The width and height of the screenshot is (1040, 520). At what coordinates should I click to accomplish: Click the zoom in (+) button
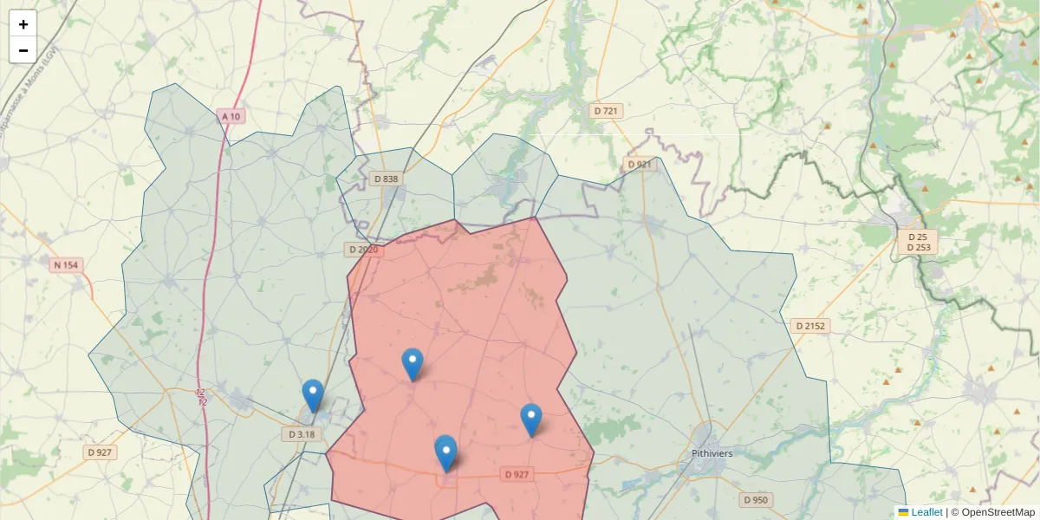[x=23, y=24]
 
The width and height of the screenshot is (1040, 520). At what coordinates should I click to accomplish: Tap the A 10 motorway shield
[x=230, y=116]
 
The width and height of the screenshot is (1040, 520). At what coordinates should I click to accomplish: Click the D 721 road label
[x=608, y=111]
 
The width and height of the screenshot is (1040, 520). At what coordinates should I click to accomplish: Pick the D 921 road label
[x=638, y=164]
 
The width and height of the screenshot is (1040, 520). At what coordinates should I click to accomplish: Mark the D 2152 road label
[x=810, y=326]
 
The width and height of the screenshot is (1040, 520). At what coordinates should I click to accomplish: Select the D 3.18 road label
[x=302, y=433]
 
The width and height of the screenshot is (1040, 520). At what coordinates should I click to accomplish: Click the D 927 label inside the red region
[x=517, y=474]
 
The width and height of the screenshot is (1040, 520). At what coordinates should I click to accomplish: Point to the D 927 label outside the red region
[x=101, y=452]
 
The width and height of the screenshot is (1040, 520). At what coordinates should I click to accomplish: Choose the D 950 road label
[x=756, y=500]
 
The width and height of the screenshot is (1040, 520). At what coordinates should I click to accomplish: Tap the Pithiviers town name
[x=712, y=453]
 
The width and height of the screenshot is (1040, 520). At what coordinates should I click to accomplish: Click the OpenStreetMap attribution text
[x=992, y=512]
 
